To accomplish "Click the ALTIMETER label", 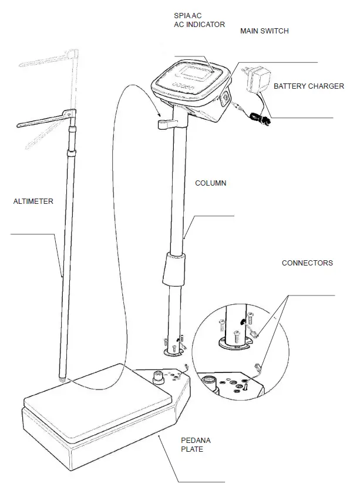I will tap(33, 201).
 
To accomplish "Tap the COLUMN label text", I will tap(210, 183).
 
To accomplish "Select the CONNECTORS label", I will tap(307, 263).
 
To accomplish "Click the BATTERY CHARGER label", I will tap(309, 86).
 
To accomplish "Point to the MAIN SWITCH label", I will tap(264, 31).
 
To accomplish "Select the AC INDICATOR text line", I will tap(200, 25).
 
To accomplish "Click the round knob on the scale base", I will tap(159, 378).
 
